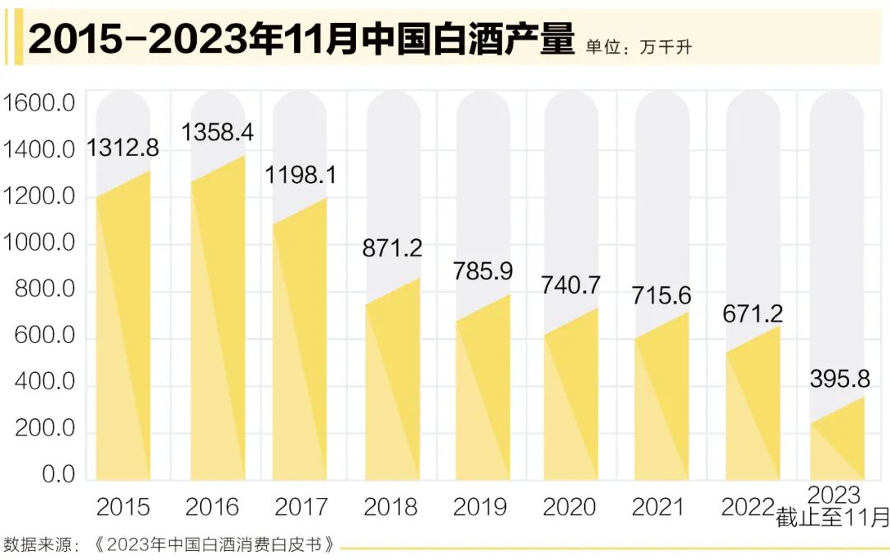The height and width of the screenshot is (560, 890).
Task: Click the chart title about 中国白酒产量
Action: pyautogui.click(x=301, y=40)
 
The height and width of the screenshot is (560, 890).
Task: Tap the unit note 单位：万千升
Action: pyautogui.click(x=639, y=47)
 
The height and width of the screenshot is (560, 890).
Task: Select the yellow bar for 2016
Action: pyautogui.click(x=218, y=330)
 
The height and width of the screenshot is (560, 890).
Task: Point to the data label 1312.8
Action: pyautogui.click(x=123, y=148)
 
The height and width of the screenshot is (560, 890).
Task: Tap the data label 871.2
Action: pyautogui.click(x=392, y=247)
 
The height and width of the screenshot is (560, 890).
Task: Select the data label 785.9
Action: pyautogui.click(x=483, y=271)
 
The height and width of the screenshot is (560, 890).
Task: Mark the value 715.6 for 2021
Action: pyautogui.click(x=662, y=295)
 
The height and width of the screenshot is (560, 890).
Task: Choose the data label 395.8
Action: pyautogui.click(x=840, y=379)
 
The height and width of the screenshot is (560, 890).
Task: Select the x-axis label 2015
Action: pyautogui.click(x=123, y=506)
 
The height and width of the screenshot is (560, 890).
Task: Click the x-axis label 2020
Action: pyautogui.click(x=569, y=506)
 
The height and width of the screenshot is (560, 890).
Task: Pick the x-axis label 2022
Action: pyautogui.click(x=748, y=506)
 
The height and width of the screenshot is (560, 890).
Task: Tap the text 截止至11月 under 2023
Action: pyautogui.click(x=832, y=519)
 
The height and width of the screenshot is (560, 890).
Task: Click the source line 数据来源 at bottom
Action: pyautogui.click(x=170, y=545)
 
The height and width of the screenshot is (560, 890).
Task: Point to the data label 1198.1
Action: pyautogui.click(x=302, y=174)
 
